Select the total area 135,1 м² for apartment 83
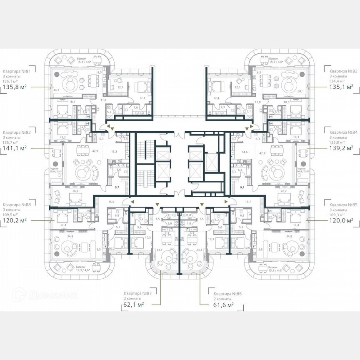(342, 87)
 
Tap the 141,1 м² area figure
(15, 147)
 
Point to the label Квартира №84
(343, 132)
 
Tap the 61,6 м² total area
(221, 305)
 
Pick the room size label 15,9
(111, 202)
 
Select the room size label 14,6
(245, 152)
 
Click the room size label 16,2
(62, 137)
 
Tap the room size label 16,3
(296, 137)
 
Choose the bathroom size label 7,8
(135, 107)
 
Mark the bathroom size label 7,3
(223, 107)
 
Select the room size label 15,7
(247, 202)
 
